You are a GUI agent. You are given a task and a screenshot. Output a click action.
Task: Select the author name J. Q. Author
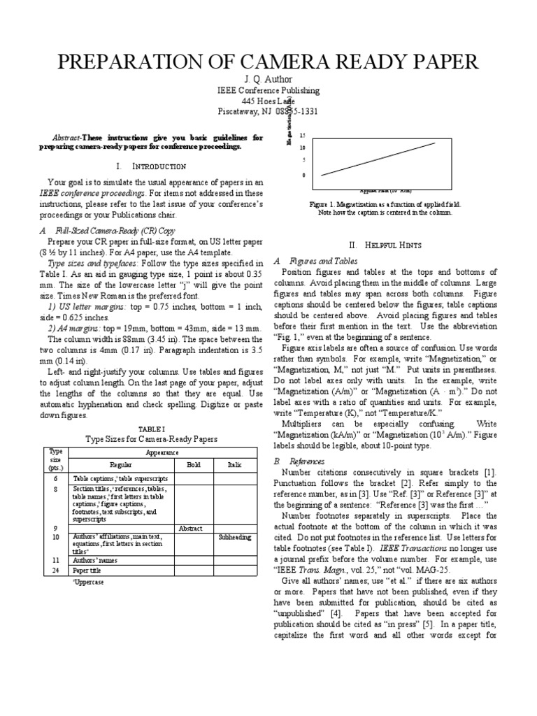(268, 79)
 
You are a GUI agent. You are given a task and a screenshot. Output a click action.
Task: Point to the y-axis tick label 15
(302, 135)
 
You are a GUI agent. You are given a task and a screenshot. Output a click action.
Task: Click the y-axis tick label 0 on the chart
(303, 175)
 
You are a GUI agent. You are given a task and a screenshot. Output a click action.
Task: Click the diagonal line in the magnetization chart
(378, 159)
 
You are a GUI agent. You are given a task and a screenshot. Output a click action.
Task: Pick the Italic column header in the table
(234, 464)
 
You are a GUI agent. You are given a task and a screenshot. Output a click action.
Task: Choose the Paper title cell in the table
(88, 571)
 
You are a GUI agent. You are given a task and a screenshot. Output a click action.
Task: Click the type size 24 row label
(55, 571)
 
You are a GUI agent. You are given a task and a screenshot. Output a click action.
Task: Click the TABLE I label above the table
(151, 428)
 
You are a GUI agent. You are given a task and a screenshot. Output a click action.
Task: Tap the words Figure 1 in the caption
(324, 203)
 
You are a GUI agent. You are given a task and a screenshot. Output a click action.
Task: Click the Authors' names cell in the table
(94, 560)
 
